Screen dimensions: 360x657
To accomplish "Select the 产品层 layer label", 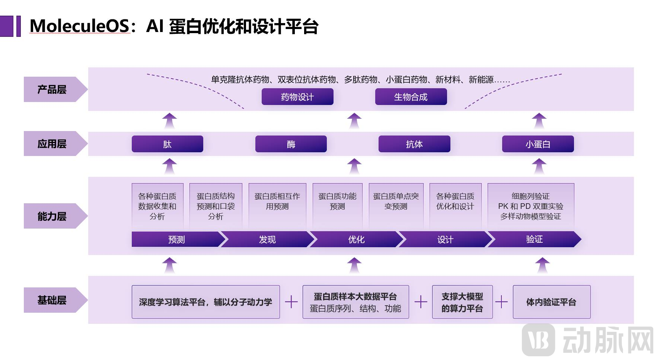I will coord(52,89).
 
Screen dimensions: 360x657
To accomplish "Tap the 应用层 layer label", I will coord(52,144).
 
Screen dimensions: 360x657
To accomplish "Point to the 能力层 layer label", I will coord(52,216).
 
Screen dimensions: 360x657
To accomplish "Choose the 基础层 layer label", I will coord(52,300).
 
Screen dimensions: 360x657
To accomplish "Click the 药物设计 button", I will coord(297,97).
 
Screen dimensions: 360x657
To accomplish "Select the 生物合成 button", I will coord(411,97).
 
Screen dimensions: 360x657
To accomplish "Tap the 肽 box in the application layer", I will coord(167,144).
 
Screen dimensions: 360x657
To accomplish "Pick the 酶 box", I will coord(291,144).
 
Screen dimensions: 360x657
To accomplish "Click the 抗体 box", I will coord(414,144).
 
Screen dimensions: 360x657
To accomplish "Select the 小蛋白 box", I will coord(538,144).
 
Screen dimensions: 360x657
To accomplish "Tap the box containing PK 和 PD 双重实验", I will coord(530,206).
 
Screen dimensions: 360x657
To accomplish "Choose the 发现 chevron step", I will coord(267,239).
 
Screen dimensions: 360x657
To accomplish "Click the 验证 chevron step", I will coord(534,239).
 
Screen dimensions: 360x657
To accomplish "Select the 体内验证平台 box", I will coord(551,302).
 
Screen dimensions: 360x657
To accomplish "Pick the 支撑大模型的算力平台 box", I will coord(462,302).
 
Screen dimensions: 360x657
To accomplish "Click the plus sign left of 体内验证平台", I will coord(502,302).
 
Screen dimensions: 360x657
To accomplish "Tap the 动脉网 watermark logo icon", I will coord(538,340).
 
